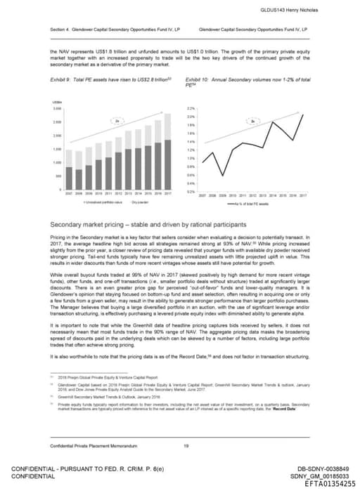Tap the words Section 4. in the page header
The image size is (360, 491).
(x=60, y=30)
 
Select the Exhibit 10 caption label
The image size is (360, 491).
(x=200, y=80)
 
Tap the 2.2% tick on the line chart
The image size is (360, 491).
(x=191, y=109)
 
